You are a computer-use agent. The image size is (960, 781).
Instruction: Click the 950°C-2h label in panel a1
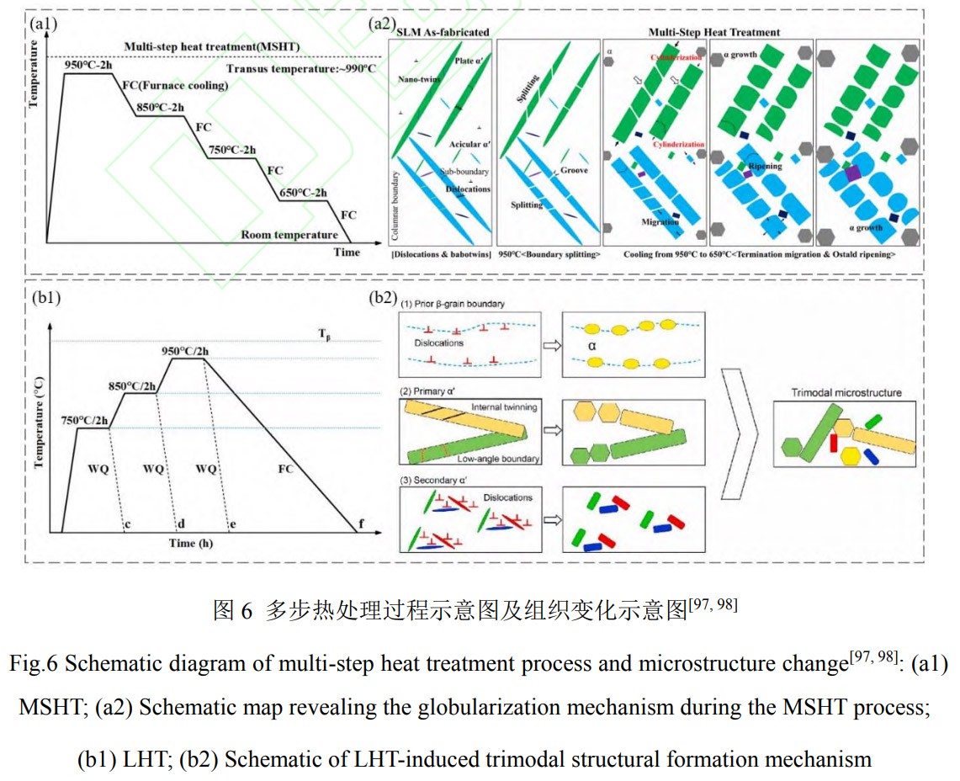[89, 64]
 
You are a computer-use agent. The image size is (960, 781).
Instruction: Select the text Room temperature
[289, 235]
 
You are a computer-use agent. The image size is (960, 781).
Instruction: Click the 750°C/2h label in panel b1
[88, 420]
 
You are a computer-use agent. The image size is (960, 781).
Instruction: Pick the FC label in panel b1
[285, 468]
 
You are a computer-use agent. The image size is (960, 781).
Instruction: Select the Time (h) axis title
[191, 543]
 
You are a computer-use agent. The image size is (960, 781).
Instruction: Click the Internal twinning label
[499, 407]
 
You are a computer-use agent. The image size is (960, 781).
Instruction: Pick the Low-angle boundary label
[500, 459]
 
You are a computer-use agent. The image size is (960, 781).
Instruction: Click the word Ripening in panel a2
[765, 166]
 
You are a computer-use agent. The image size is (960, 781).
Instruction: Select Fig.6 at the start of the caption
[34, 663]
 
